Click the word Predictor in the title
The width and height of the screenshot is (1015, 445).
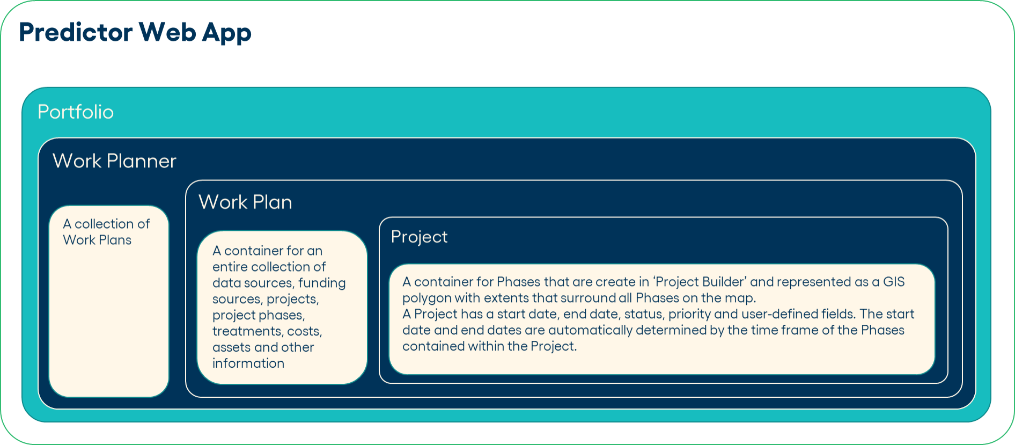coord(76,32)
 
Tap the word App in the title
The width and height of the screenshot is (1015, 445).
coord(226,34)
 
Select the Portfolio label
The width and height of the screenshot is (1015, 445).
coord(76,112)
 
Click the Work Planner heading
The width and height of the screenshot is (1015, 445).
coord(114,161)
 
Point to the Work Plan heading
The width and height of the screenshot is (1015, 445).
coord(245,202)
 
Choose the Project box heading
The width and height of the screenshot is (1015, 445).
coord(419,237)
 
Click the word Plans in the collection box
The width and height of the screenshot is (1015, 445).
coord(115,240)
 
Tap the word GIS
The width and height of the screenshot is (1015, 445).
coord(894,282)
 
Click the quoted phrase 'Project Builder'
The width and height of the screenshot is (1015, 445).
coord(700,282)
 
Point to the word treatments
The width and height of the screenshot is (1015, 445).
coord(247,331)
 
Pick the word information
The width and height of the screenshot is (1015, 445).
coord(248,363)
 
